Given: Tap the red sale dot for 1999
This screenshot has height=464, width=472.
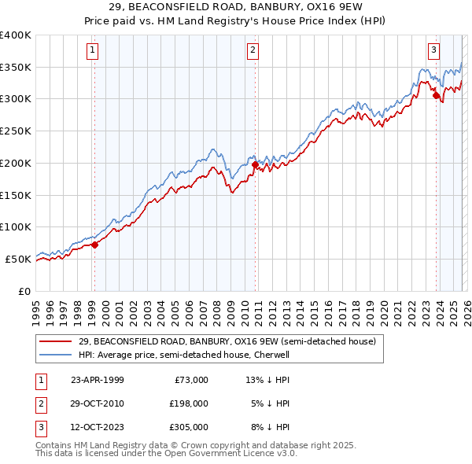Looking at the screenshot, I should point(95,245).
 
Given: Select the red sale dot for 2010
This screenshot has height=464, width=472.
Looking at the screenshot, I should point(256,165).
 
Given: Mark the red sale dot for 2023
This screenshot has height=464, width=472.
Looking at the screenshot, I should point(436,97).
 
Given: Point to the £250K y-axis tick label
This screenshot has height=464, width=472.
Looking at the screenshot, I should point(16,131).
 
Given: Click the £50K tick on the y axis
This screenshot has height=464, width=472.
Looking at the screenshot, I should point(18,259).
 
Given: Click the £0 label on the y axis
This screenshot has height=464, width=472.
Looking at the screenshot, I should point(24,291).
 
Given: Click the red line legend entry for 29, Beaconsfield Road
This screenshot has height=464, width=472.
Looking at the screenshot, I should point(227,341).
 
